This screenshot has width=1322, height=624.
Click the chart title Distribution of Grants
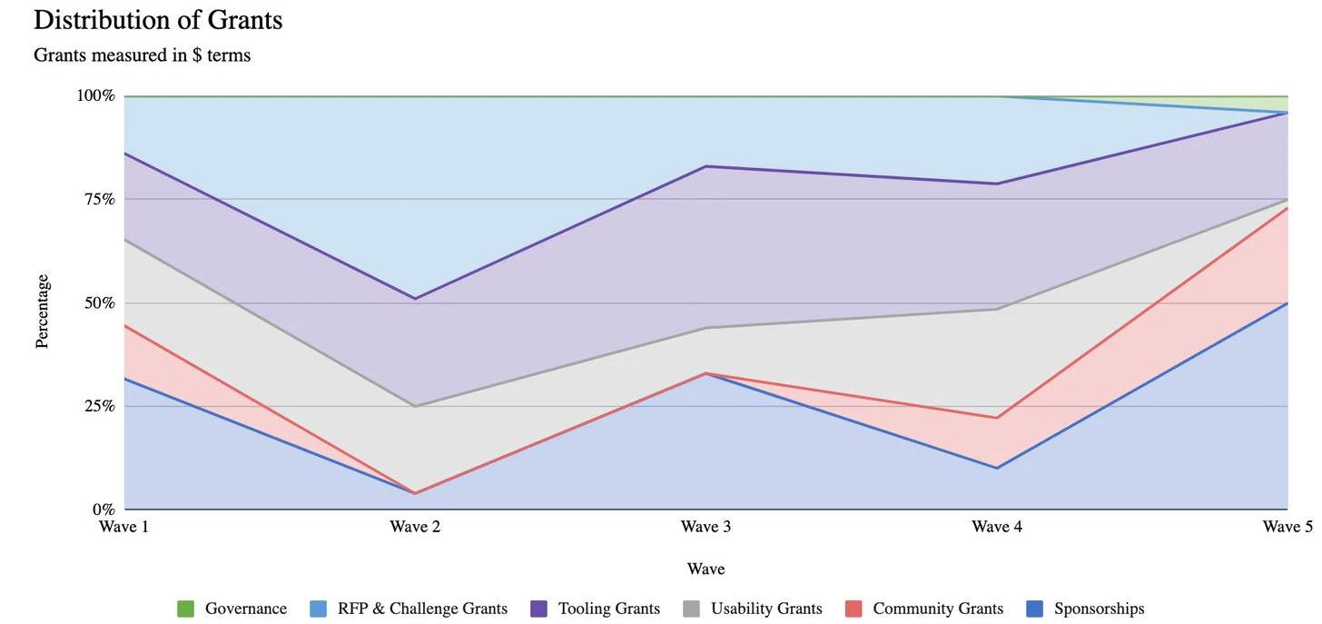tap(158, 20)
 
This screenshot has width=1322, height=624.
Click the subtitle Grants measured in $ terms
tap(142, 55)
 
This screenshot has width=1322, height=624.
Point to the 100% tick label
tap(95, 95)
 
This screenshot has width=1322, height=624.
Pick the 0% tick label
tap(103, 510)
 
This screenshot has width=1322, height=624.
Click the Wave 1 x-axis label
tap(124, 527)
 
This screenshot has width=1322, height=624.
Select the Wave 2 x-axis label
tap(415, 527)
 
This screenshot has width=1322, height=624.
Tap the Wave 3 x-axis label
tap(705, 527)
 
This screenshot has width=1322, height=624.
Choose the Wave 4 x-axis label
tap(996, 527)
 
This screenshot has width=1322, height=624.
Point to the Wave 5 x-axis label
tap(1287, 527)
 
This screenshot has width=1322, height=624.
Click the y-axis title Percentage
tap(42, 312)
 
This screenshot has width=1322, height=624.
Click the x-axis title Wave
tap(705, 570)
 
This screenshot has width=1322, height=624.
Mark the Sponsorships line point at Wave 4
tap(996, 468)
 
